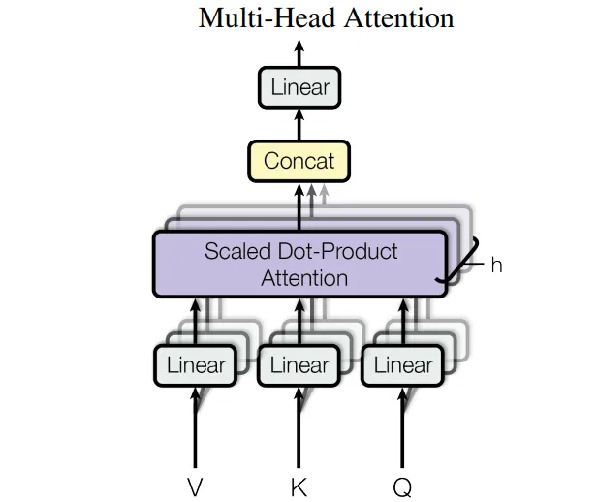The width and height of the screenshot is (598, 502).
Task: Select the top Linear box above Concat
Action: tap(299, 88)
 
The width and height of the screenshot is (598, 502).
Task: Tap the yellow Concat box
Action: tap(299, 161)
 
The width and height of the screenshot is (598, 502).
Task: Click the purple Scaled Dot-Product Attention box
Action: tap(299, 264)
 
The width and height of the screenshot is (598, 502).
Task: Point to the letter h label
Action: tap(496, 265)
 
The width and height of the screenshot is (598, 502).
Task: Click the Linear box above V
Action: tap(196, 365)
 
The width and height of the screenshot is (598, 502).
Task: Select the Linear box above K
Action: tap(299, 365)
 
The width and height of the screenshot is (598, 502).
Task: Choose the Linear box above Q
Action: tap(403, 365)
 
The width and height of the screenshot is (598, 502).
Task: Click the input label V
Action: tap(196, 487)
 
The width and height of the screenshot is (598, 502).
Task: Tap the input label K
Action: tap(299, 487)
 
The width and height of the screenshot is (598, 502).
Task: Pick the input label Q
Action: tap(403, 487)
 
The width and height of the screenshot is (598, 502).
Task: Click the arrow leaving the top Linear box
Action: tap(299, 53)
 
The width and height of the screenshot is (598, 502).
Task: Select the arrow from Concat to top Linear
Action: tap(299, 124)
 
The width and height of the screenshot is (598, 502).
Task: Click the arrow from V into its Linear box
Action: tap(196, 426)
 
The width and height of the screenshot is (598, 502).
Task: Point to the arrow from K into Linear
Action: tap(299, 426)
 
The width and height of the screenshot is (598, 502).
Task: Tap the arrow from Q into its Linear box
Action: tap(403, 426)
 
